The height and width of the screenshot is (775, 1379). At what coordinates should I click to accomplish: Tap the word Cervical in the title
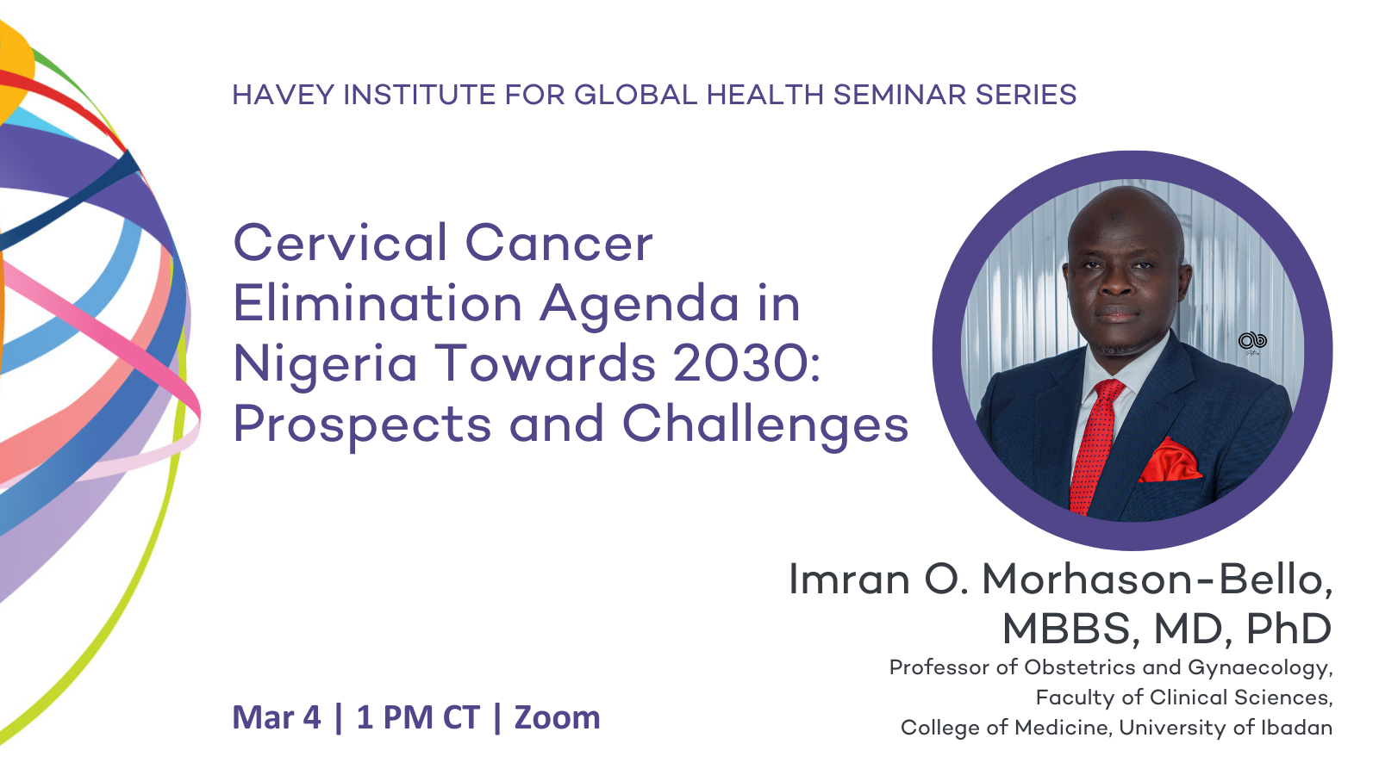point(340,242)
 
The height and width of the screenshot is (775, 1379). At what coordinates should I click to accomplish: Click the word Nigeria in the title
point(325,365)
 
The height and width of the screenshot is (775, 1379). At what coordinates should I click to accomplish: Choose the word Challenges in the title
point(765,425)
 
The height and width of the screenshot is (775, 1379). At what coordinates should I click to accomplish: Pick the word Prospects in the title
point(362,425)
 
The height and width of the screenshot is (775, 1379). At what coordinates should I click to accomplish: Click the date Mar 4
point(277,718)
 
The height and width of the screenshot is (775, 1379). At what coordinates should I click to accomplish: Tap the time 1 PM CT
point(418,718)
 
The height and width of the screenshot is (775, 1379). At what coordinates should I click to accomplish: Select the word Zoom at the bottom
point(557,718)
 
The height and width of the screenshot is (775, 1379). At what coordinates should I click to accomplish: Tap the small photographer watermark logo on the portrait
point(1252,341)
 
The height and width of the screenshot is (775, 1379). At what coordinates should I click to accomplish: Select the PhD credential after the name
point(1289,629)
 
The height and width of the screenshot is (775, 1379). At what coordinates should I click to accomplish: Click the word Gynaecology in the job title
point(1259,668)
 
